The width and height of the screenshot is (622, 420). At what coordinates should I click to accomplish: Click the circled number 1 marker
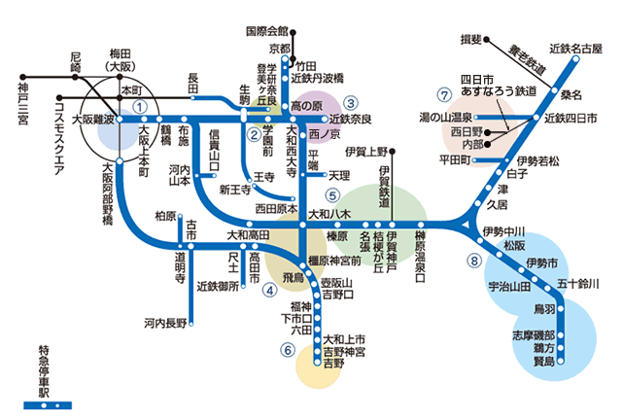point(141,107)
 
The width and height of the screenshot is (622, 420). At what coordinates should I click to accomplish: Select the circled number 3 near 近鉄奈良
point(351,100)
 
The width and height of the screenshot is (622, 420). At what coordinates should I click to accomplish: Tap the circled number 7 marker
point(444,94)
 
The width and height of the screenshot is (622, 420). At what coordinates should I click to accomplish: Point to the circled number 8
point(473,260)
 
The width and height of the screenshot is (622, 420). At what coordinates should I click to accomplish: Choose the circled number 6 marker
point(288,350)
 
